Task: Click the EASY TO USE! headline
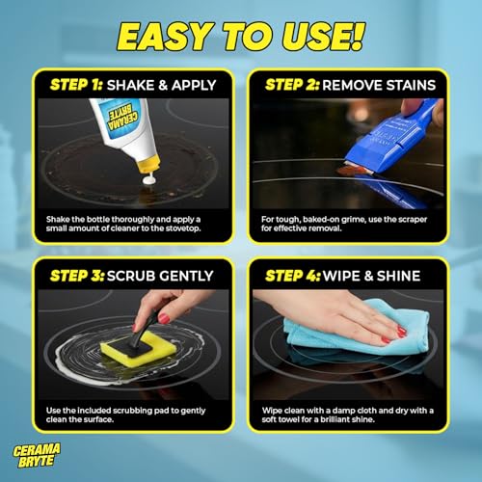click(x=241, y=37)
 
